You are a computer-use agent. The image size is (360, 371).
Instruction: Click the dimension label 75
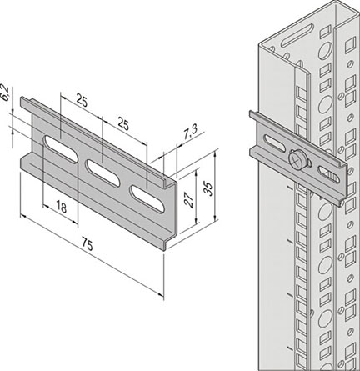[x=87, y=246]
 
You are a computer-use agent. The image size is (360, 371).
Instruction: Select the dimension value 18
[x=62, y=207]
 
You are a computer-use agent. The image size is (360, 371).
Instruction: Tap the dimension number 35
[x=208, y=188]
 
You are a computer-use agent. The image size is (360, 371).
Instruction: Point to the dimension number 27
[x=189, y=199]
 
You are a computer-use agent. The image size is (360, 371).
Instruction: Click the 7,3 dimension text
[x=190, y=133]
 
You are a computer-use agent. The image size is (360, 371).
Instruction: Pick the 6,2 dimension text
[x=5, y=93]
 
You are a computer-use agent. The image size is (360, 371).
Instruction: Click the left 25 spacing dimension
[x=82, y=101]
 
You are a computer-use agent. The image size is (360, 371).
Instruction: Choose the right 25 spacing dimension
[x=123, y=124]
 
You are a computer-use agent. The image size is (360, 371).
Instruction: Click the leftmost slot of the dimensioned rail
[x=59, y=148]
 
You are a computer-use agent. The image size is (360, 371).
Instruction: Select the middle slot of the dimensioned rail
[x=102, y=172]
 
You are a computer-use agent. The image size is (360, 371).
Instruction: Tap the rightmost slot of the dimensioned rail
[x=147, y=199]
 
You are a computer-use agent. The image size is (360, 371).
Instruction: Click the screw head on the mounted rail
[x=296, y=159]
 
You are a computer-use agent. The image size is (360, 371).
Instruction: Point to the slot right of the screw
[x=329, y=174]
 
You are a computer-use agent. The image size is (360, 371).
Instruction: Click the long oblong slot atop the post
[x=297, y=36]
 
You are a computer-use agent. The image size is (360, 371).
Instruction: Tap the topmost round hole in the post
[x=325, y=52]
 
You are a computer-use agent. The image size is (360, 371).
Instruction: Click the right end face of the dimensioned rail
[x=170, y=214]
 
